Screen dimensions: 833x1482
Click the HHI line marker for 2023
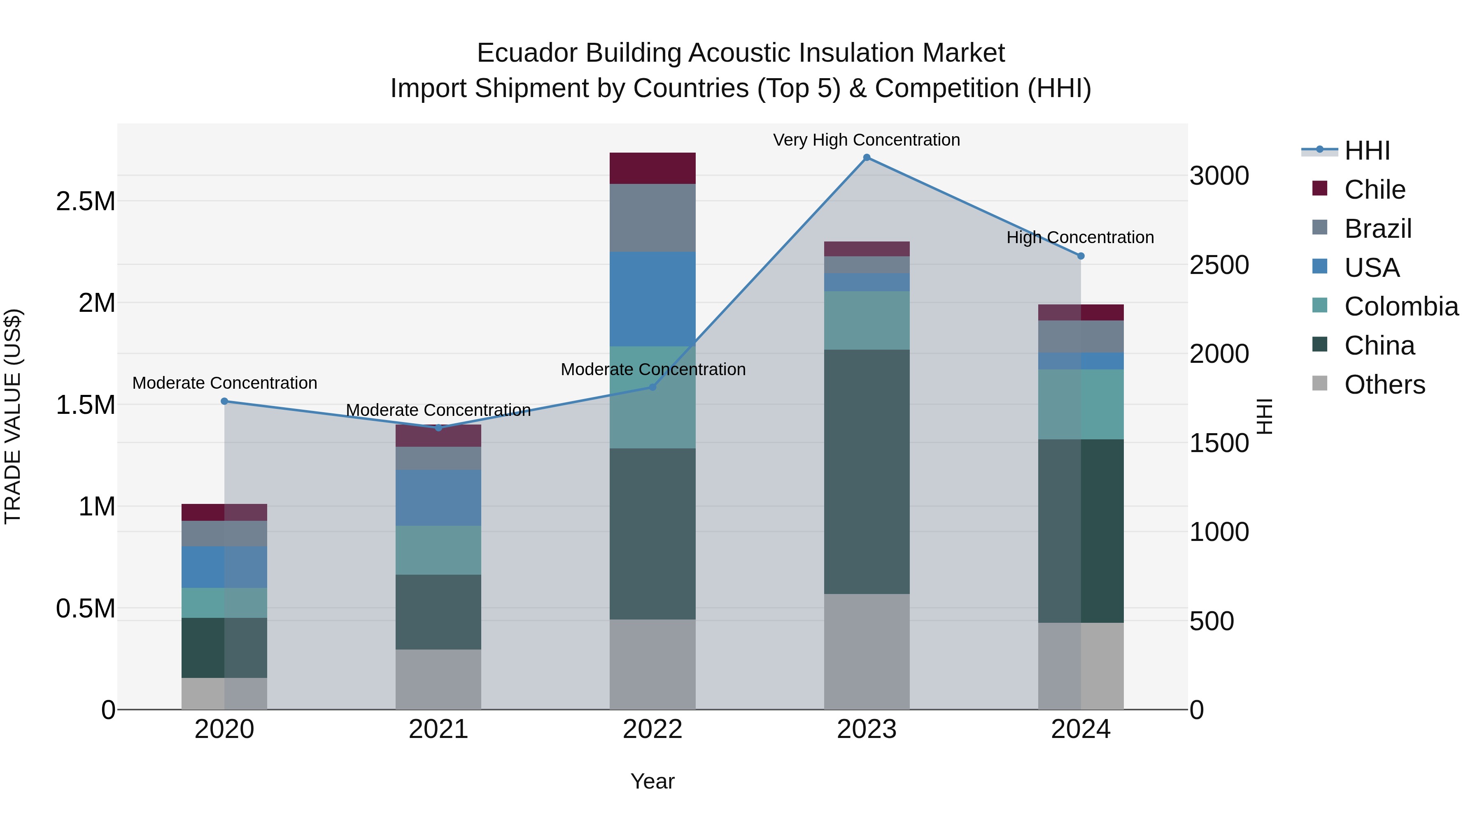(x=867, y=158)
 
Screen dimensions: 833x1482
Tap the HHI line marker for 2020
(x=224, y=401)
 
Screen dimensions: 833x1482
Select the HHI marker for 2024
(x=1081, y=256)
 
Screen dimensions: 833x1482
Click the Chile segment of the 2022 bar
(x=652, y=168)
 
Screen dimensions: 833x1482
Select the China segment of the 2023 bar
(x=867, y=471)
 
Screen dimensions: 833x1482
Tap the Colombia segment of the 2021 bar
(x=438, y=550)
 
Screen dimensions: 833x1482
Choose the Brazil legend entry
(x=1377, y=228)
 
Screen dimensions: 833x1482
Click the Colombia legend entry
(x=1400, y=306)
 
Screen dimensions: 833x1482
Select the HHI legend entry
(x=1366, y=151)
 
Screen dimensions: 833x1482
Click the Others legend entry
(x=1384, y=385)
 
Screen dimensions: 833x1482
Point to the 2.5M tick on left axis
(x=86, y=201)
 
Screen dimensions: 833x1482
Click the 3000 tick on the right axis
(x=1219, y=176)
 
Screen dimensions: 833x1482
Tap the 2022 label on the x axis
(x=652, y=729)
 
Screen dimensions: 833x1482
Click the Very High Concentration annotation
(x=867, y=140)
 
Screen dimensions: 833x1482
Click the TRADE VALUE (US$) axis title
(x=13, y=416)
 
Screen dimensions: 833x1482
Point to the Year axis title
(x=652, y=781)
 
